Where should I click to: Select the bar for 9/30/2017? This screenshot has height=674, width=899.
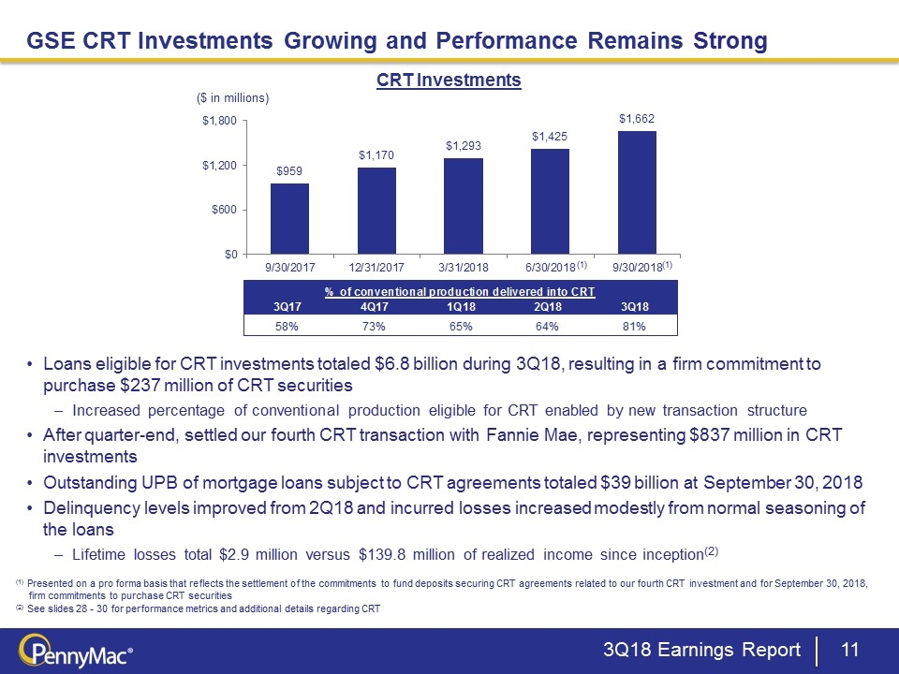289,218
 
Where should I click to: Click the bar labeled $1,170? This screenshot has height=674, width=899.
376,211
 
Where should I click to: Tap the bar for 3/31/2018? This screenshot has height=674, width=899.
464,206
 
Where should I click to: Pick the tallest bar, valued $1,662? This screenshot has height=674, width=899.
637,192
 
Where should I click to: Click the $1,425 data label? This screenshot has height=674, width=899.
550,137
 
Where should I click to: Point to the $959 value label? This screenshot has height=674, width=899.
289,171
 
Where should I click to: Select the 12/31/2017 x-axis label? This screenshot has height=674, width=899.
376,268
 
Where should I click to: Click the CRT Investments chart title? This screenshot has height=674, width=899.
449,81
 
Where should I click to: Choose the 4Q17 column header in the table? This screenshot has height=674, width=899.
375,307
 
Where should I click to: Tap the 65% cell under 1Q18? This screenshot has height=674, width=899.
461,326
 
